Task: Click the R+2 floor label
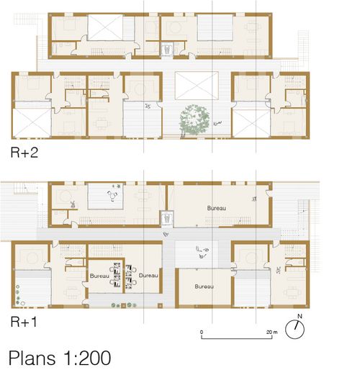(x=24, y=153)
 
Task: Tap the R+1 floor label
(x=24, y=322)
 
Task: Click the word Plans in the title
(x=32, y=358)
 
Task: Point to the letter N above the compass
(x=300, y=317)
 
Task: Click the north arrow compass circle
(x=295, y=330)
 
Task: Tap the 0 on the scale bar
(x=202, y=332)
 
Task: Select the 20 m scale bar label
(x=271, y=333)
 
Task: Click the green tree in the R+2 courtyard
(x=194, y=119)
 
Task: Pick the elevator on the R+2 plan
(x=166, y=50)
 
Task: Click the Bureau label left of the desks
(x=99, y=276)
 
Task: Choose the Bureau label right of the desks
(x=148, y=276)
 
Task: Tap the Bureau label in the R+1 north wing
(x=217, y=208)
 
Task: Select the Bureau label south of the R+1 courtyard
(x=204, y=286)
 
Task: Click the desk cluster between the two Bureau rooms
(x=123, y=276)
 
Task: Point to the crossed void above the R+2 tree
(x=197, y=86)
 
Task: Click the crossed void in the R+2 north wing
(x=105, y=27)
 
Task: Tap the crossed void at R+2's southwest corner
(x=32, y=123)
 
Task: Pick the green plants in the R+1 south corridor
(x=124, y=305)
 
